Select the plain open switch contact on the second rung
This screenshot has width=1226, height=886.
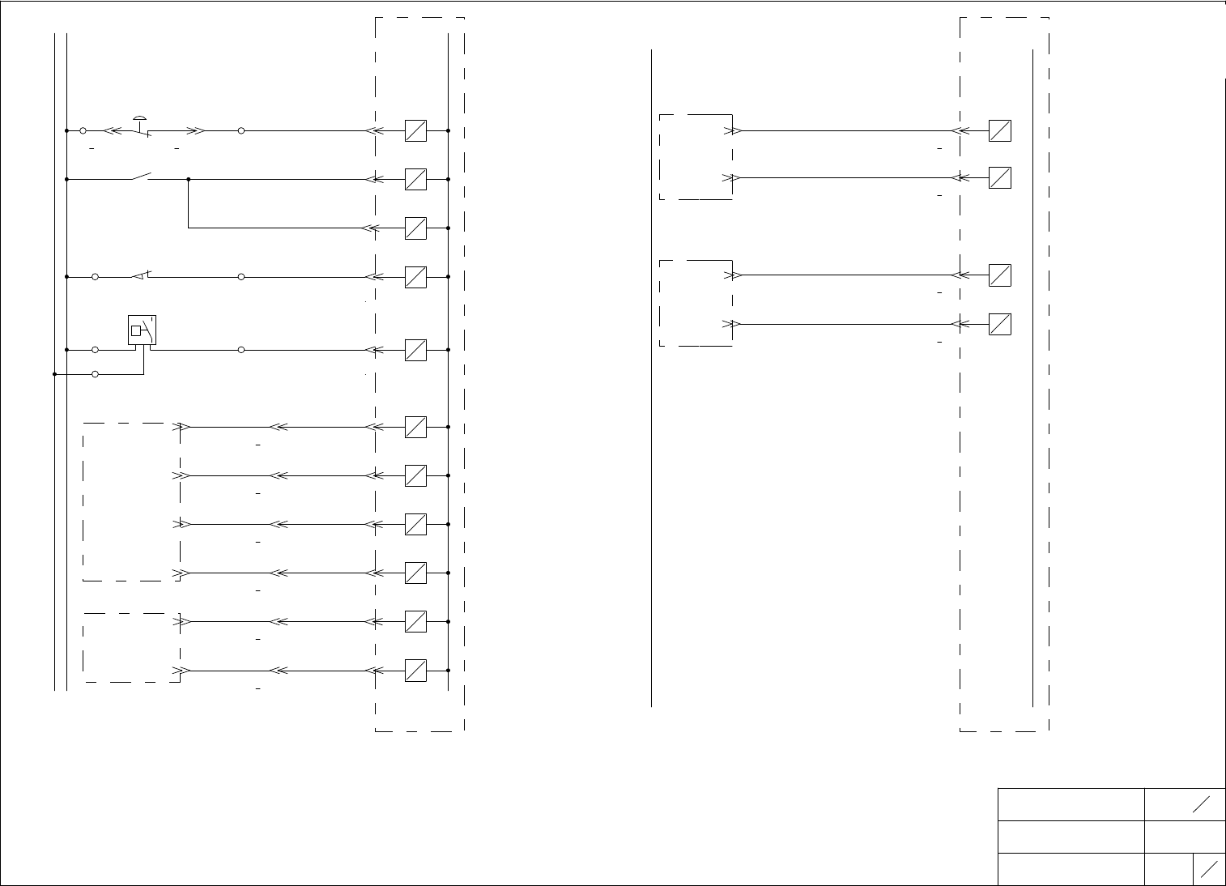(143, 176)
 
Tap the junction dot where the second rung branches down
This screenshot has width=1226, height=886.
(189, 179)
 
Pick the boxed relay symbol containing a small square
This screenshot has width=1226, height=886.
(143, 330)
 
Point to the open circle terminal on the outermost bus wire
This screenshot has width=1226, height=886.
(96, 374)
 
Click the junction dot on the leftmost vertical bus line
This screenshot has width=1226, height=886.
(54, 374)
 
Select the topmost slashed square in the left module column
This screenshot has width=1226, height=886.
(415, 130)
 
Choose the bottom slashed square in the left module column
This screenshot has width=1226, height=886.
(415, 671)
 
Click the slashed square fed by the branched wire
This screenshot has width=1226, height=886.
(415, 228)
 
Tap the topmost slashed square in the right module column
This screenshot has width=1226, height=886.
(1000, 130)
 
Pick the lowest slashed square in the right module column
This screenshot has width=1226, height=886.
(1000, 324)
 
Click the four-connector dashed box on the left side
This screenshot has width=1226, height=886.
(131, 501)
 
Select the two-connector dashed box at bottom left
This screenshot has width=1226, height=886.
(131, 647)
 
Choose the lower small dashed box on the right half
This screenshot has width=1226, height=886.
(696, 303)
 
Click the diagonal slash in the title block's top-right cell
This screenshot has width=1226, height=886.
(1202, 803)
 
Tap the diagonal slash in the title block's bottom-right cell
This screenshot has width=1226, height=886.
(1210, 869)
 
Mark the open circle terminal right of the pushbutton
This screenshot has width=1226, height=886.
(241, 130)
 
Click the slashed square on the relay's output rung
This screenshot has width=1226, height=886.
(415, 350)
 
